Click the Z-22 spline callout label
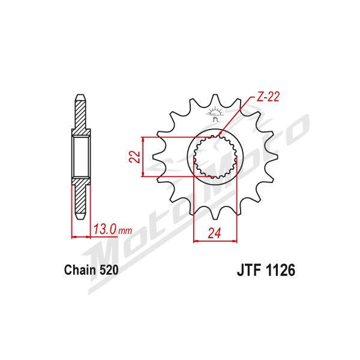[x=268, y=97]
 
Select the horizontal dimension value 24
[x=214, y=233]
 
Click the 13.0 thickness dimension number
[x=104, y=229]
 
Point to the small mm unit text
[x=125, y=230]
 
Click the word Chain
[x=80, y=270]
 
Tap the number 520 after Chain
[x=109, y=270]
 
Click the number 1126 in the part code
[x=280, y=270]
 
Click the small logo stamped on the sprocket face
[x=215, y=113]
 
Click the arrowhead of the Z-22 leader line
[x=219, y=134]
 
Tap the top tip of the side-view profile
[x=80, y=95]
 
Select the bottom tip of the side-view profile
[x=80, y=219]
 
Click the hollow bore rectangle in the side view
[x=81, y=157]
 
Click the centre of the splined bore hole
[x=215, y=157]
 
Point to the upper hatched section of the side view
[x=80, y=117]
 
